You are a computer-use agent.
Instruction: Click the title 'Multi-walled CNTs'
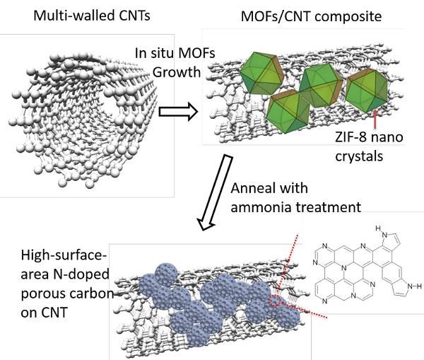pyautogui.click(x=92, y=16)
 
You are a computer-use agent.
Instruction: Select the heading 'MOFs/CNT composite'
pyautogui.click(x=311, y=16)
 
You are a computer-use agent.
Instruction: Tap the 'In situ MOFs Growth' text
pyautogui.click(x=175, y=62)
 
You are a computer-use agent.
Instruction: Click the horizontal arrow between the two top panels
pyautogui.click(x=179, y=111)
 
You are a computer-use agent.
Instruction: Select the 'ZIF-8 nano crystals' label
pyautogui.click(x=369, y=146)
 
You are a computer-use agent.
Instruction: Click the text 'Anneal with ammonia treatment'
pyautogui.click(x=296, y=198)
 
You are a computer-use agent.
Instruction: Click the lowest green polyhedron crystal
pyautogui.click(x=288, y=112)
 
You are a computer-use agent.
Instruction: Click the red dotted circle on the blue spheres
pyautogui.click(x=275, y=301)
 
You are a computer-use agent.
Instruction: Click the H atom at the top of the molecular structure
pyautogui.click(x=378, y=228)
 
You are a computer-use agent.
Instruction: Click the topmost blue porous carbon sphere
pyautogui.click(x=167, y=274)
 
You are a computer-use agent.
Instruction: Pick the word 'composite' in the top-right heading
pyautogui.click(x=348, y=17)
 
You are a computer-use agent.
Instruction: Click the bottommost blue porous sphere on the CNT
pyautogui.click(x=198, y=335)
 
